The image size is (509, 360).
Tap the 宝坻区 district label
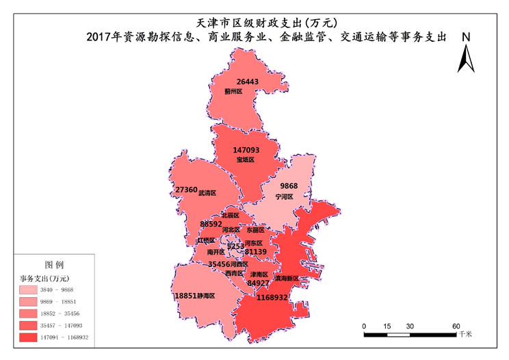245,159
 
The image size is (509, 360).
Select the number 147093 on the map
246,150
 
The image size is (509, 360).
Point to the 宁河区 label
284,196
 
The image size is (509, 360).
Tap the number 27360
186,190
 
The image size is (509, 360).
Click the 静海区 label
206,296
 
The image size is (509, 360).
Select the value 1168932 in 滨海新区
272,298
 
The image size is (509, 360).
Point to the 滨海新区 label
287,279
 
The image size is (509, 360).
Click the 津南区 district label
259,274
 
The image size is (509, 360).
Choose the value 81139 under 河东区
255,252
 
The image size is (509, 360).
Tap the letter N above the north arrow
465,37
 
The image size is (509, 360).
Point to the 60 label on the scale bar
456,326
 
